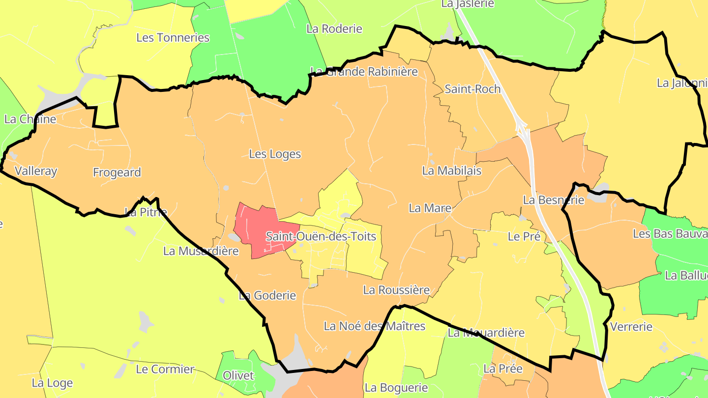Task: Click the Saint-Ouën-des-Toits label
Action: [321, 236]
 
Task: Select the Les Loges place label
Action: [275, 154]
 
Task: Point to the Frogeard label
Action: [117, 172]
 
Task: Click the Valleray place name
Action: [36, 171]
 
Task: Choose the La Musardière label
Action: [201, 251]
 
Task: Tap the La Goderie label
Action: [267, 295]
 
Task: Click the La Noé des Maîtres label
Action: [374, 326]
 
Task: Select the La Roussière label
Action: [396, 290]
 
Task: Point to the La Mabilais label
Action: [451, 171]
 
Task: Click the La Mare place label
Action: [430, 208]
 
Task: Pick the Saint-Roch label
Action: [472, 89]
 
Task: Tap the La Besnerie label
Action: [553, 200]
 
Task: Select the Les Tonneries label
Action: [173, 38]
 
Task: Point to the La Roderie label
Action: [334, 29]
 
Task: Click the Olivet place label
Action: [238, 376]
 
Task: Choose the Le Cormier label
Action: [165, 369]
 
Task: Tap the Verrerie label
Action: [631, 327]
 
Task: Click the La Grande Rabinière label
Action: [364, 72]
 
